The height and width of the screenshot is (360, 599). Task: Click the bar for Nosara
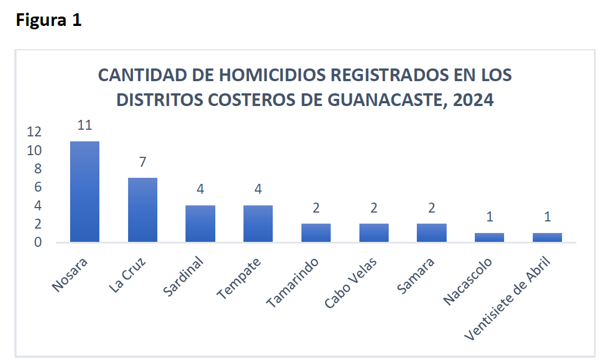click(84, 192)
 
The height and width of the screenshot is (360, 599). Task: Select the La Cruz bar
click(142, 210)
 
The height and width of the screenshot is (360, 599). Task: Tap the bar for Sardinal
click(200, 224)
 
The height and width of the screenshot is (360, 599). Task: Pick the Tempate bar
click(258, 224)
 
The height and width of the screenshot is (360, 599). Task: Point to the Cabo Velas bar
click(374, 233)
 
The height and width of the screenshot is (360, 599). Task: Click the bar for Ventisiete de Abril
click(547, 237)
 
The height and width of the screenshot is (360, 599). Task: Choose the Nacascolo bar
click(489, 237)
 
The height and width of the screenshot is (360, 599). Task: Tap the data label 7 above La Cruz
click(142, 162)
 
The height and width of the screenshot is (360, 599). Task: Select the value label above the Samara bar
click(432, 208)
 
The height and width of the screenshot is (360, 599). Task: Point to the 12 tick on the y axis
click(34, 131)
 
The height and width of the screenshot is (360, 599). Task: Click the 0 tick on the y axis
click(38, 242)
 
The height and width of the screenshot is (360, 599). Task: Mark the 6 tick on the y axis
click(38, 187)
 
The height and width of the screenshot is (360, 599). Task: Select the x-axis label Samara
click(416, 274)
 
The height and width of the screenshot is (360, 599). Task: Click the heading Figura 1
click(49, 20)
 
